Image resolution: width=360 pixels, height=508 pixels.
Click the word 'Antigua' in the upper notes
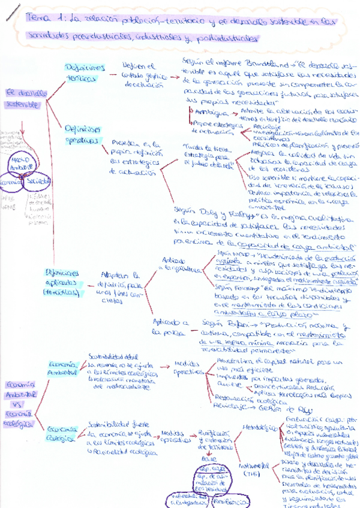[207, 111]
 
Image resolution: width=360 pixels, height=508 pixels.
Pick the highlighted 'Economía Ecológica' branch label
[62, 433]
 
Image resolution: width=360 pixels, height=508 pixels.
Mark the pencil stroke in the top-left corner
[11, 13]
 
